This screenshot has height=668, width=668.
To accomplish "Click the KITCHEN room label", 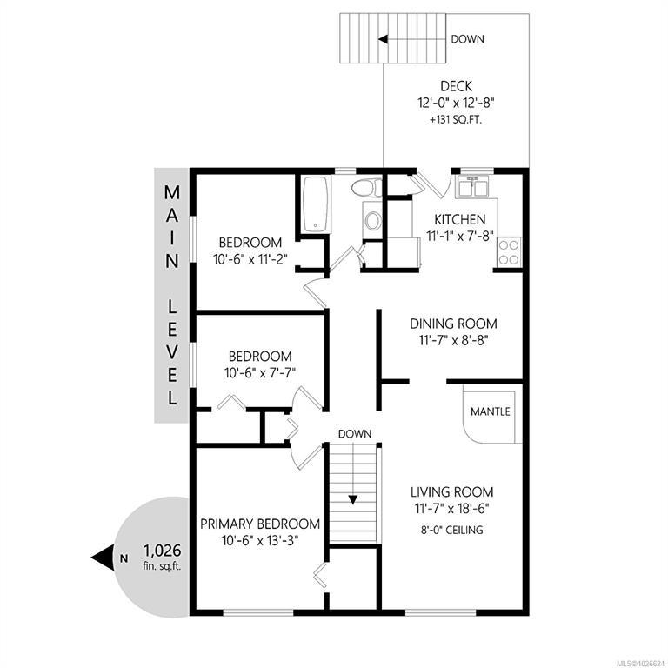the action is (x=459, y=220).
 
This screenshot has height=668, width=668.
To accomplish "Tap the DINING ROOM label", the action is (x=453, y=324).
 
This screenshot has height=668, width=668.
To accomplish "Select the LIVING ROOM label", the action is (x=452, y=492).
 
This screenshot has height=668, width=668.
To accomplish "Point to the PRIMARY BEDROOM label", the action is (x=260, y=524).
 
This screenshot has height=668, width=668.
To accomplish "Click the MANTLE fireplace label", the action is (x=491, y=411).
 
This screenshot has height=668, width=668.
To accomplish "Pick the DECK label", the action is (x=456, y=86).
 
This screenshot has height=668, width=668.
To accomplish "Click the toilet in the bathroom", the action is (x=367, y=188).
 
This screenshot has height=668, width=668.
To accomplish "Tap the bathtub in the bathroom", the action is (x=316, y=204).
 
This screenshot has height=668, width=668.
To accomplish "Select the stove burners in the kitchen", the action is (x=509, y=252).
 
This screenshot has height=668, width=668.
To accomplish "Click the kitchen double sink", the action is (x=472, y=187).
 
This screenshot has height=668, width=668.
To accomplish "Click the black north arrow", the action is (x=103, y=558).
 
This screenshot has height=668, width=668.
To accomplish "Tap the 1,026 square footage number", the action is (x=162, y=551).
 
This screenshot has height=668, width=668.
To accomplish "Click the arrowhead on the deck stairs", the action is (x=383, y=39).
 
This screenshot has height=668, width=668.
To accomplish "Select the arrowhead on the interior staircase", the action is (x=353, y=500).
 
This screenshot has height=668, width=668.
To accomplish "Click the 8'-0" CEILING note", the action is (x=452, y=530).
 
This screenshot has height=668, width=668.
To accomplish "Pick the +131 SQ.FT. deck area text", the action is (x=456, y=120).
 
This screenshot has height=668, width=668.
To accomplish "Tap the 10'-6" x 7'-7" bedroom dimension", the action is (x=260, y=373).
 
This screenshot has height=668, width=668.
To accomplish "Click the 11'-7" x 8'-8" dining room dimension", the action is (x=453, y=340).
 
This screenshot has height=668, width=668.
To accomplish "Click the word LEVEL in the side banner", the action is (x=172, y=352).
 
